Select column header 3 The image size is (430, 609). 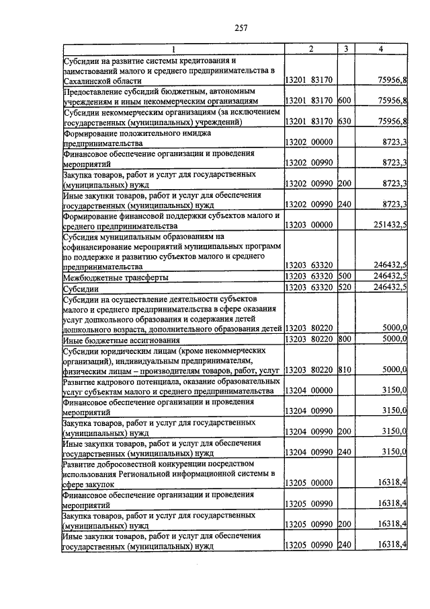pyautogui.click(x=345, y=49)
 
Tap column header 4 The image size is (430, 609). pyautogui.click(x=381, y=49)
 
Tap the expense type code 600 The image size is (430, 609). pyautogui.click(x=345, y=101)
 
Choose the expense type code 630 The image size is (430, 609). pyautogui.click(x=345, y=122)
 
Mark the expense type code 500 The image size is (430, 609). pyautogui.click(x=345, y=277)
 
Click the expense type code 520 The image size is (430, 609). pyautogui.click(x=345, y=288)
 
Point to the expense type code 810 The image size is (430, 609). pyautogui.click(x=345, y=370)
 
